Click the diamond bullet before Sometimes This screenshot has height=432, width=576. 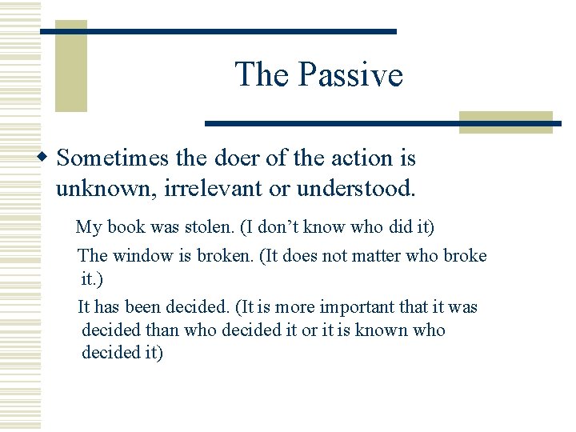45,158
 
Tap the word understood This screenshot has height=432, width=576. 356,189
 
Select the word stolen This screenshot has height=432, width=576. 210,227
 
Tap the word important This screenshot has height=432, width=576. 355,307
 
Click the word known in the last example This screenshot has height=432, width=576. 384,330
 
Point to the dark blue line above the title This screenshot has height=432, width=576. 218,31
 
